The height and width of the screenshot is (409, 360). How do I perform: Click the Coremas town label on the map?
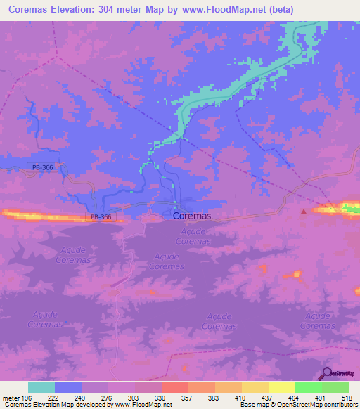click(192, 217)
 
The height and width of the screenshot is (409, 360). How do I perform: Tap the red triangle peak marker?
click(304, 210)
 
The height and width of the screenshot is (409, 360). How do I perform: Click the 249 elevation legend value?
click(89, 398)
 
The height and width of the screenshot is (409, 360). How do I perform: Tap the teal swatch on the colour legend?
click(41, 387)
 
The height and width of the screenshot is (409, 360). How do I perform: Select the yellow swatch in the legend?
click(281, 387)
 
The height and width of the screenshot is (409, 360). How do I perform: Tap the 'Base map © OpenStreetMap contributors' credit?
click(298, 405)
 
